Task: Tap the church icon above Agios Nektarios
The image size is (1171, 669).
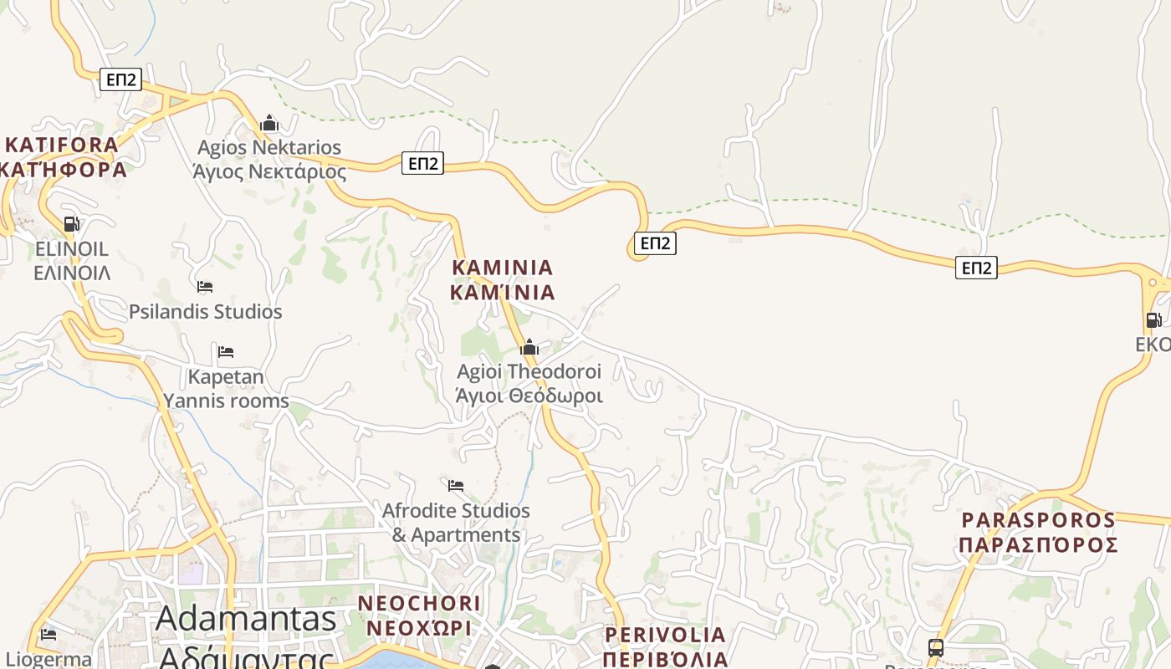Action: pos(269,124)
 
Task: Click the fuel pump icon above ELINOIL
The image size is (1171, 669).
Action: pos(72,223)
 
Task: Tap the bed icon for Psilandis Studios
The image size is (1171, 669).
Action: pos(205,287)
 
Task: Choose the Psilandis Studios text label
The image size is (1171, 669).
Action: pos(206,312)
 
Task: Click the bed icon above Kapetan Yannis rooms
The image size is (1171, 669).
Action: pos(226,351)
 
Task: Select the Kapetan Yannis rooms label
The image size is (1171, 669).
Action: pos(226,389)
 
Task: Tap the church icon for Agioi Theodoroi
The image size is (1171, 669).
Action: pos(529,347)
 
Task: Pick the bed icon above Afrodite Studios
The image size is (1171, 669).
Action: pos(456,485)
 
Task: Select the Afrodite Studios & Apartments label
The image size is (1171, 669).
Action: pos(456,523)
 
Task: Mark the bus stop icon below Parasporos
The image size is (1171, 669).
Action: pos(936,647)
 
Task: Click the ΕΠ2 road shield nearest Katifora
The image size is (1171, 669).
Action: pos(121,79)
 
